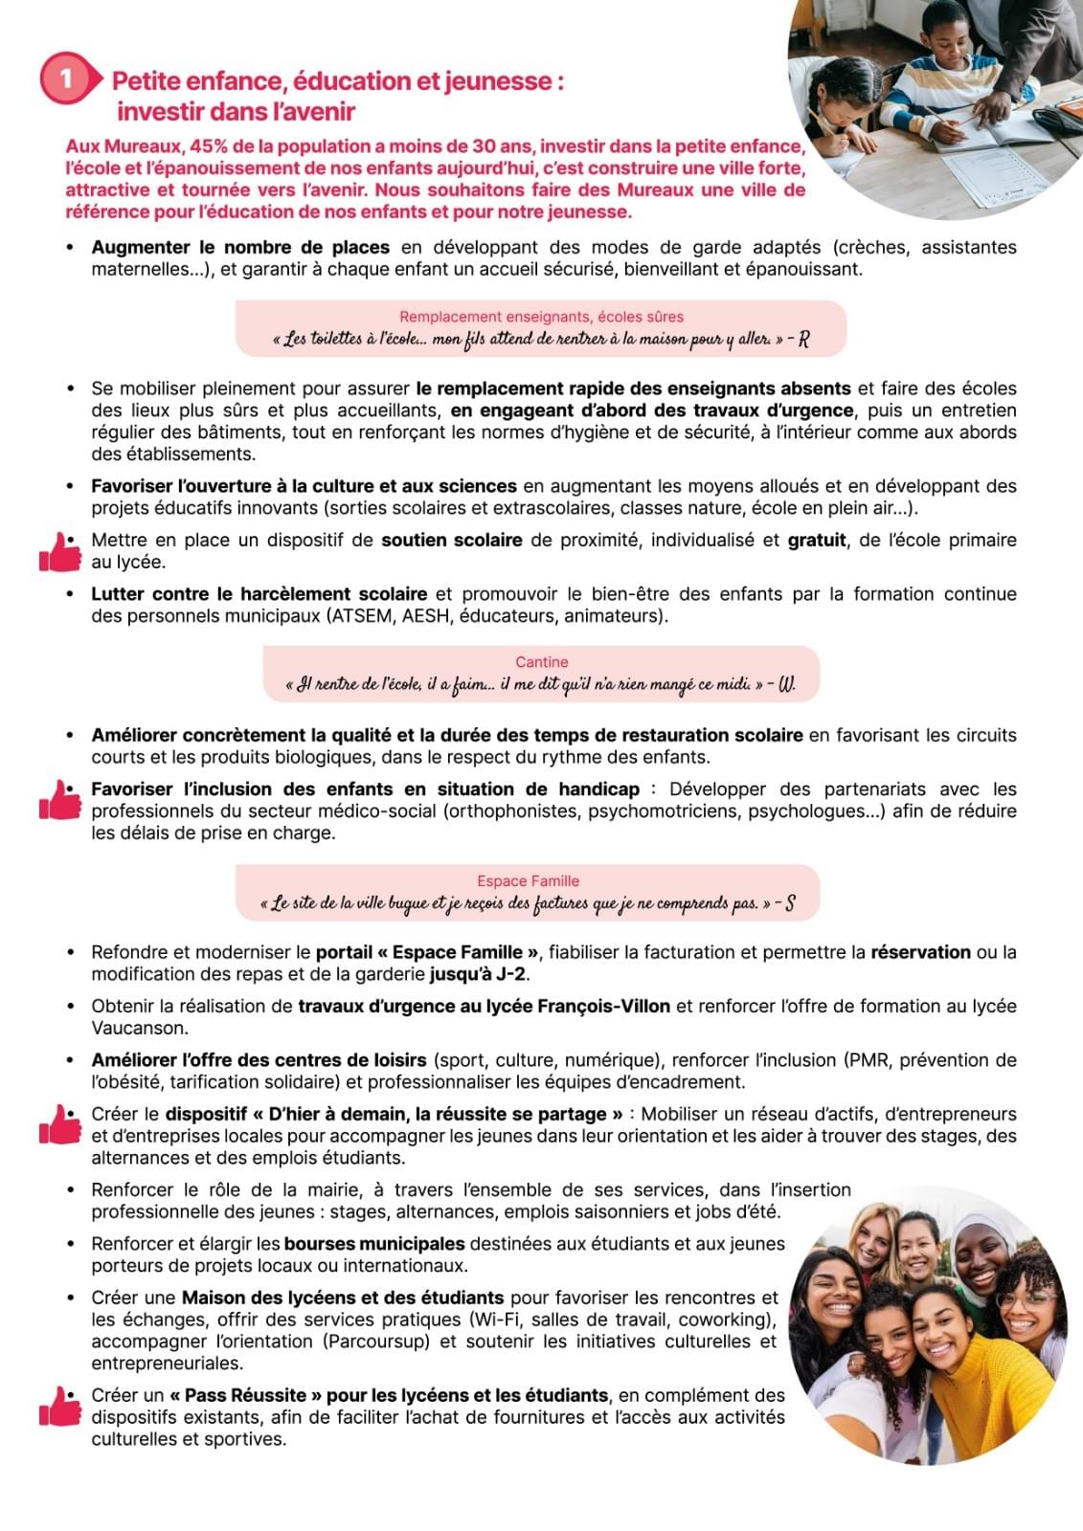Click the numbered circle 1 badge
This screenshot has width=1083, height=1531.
(x=64, y=78)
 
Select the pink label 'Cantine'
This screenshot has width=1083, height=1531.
(x=541, y=662)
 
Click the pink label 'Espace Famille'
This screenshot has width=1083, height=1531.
(x=528, y=881)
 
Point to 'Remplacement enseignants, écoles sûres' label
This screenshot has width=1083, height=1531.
(x=541, y=317)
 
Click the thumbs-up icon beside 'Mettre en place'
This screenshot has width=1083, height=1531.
(x=60, y=552)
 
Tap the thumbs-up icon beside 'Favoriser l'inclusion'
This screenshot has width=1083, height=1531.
(x=60, y=800)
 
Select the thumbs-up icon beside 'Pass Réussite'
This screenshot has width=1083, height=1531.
(x=60, y=1407)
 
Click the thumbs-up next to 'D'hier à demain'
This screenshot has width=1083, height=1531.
(x=60, y=1124)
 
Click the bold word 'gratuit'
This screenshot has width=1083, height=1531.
(x=816, y=541)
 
